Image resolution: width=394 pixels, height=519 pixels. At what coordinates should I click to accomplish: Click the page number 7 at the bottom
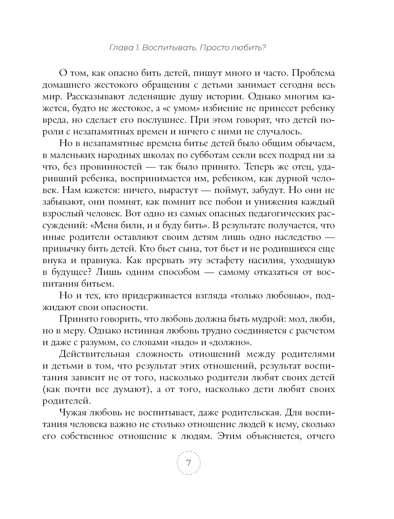(x=188, y=463)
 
